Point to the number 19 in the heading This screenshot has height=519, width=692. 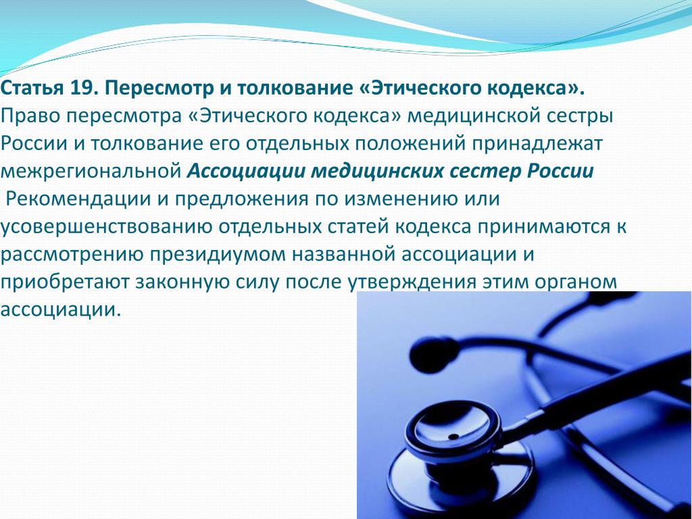(x=78, y=89)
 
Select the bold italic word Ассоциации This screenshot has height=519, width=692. (x=246, y=171)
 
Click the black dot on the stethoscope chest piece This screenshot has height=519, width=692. (x=453, y=437)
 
